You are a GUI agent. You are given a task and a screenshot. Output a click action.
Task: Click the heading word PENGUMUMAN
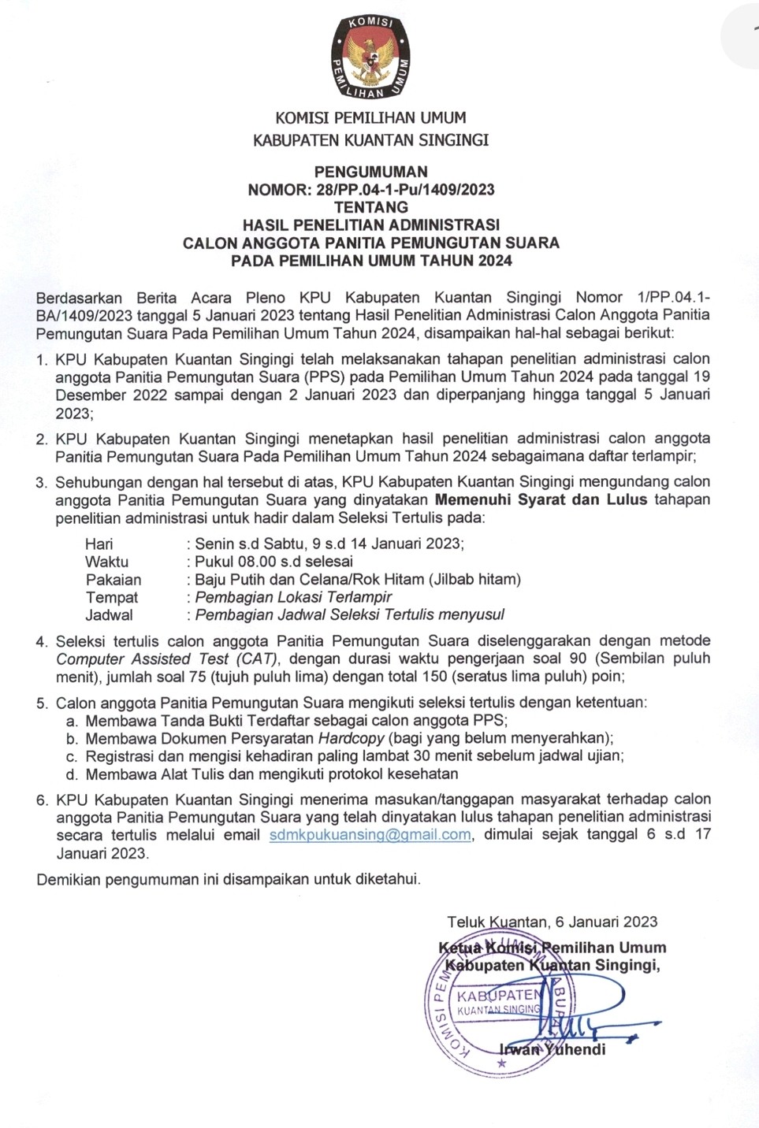(370, 172)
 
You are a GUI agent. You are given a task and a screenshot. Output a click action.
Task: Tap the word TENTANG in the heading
(370, 207)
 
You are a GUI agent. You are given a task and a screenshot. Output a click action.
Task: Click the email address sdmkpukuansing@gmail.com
(370, 835)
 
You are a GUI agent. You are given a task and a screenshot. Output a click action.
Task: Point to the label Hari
(99, 544)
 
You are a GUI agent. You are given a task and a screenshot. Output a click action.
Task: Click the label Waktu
(107, 562)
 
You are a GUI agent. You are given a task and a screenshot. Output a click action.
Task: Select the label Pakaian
(113, 580)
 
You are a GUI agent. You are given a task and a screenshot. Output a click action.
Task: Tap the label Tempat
(112, 598)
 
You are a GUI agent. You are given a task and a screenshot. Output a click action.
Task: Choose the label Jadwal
(109, 615)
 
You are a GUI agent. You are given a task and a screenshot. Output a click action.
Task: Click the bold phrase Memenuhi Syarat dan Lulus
(541, 499)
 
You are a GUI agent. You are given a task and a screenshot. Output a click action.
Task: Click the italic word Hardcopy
(351, 738)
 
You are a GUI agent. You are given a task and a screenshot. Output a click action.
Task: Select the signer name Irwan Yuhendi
(553, 1049)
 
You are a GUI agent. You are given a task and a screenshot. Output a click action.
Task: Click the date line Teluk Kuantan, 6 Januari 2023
(552, 922)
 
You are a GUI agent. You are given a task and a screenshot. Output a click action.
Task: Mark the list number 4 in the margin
(42, 642)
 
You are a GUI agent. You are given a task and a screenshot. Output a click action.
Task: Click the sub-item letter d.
(72, 774)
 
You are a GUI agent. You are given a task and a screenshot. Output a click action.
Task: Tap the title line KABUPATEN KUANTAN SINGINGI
(370, 140)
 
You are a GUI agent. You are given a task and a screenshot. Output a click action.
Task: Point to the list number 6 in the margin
(42, 800)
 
